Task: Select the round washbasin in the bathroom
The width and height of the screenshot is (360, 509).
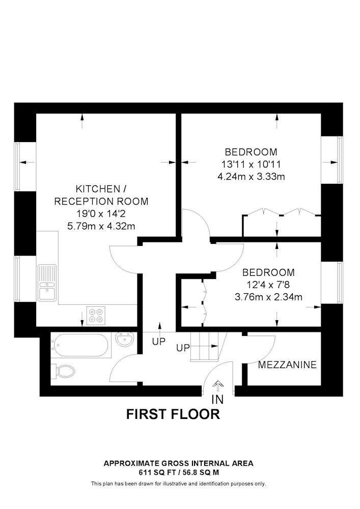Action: [125, 339]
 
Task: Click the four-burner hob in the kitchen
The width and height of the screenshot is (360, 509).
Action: [97, 315]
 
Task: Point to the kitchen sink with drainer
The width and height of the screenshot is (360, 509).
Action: [47, 282]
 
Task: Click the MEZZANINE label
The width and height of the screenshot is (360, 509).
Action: [287, 365]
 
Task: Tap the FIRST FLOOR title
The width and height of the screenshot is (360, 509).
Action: [173, 414]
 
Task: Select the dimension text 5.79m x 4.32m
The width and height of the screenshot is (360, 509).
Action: [101, 227]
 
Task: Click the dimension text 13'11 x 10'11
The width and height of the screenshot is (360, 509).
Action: [251, 164]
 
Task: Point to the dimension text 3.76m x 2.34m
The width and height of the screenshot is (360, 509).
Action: [268, 297]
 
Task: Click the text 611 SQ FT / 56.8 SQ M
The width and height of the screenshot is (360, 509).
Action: [178, 473]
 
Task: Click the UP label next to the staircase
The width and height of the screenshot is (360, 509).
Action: [183, 348]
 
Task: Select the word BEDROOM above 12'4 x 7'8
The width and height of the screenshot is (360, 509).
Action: [268, 272]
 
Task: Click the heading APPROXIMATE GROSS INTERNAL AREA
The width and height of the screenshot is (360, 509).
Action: [178, 463]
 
